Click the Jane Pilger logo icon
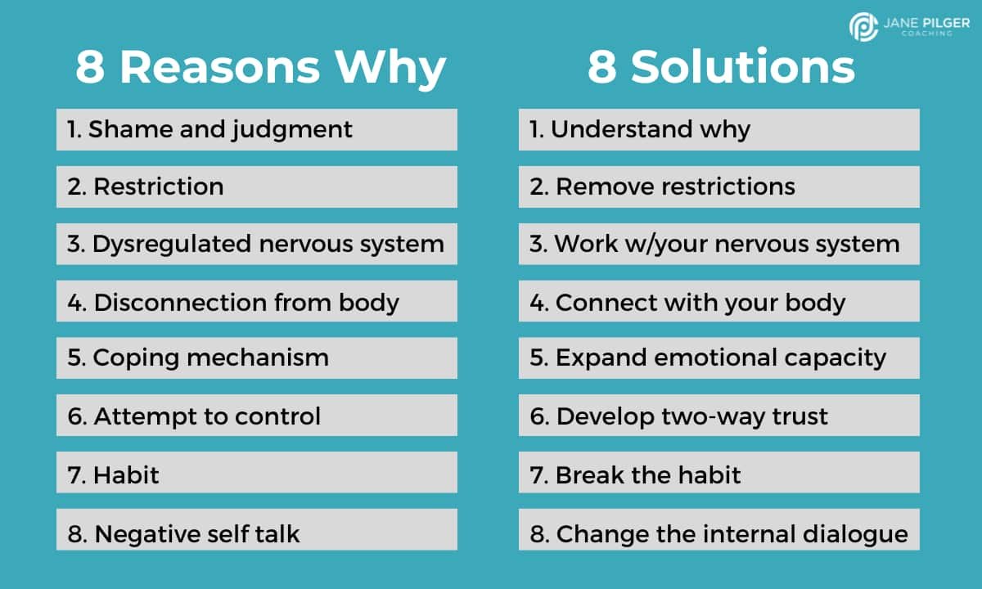pos(864,26)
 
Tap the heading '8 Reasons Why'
pos(261,68)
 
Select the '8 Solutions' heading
pos(721,68)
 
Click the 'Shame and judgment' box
pos(256,129)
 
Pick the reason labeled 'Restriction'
pos(256,187)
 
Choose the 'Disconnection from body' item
pos(256,302)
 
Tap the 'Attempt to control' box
pos(256,416)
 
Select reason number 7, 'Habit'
pos(256,474)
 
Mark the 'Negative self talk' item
pos(256,533)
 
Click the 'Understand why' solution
pos(718,129)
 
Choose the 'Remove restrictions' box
pos(718,187)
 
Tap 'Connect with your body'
pos(718,302)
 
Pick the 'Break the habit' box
pos(718,474)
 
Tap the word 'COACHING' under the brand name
pos(928,34)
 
